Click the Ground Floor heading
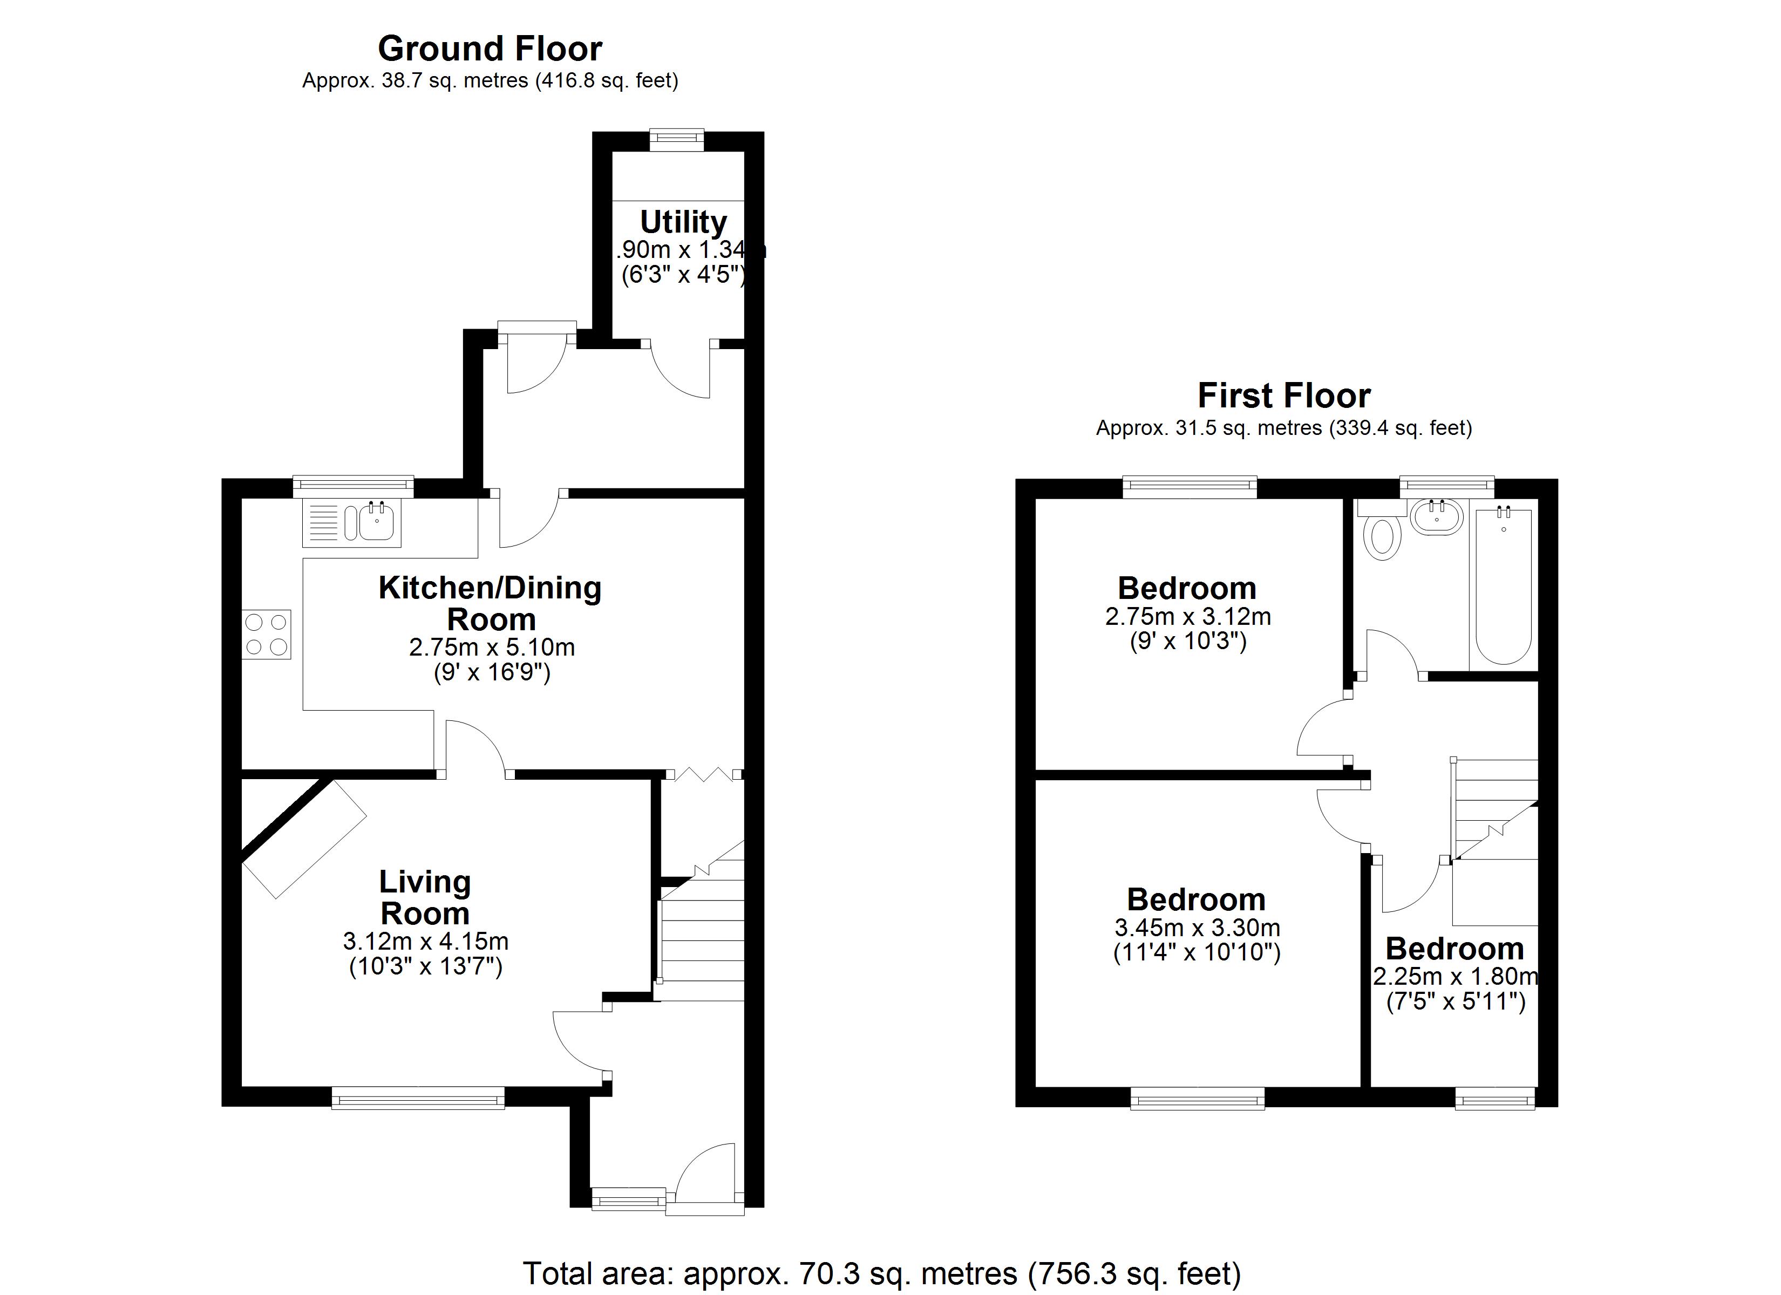490,49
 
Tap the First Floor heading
1283,396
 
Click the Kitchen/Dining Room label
490,603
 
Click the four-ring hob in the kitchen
266,635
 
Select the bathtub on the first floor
1503,585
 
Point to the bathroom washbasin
1437,517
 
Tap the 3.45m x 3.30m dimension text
1197,928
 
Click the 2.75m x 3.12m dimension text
1187,617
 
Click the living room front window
418,1097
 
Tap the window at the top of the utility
677,140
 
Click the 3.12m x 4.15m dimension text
426,941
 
